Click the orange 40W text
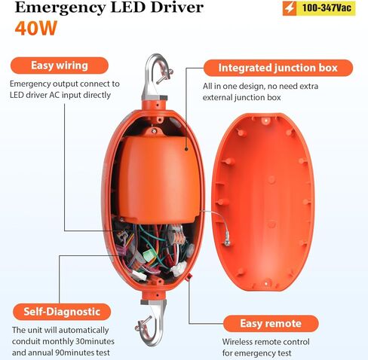click(x=36, y=28)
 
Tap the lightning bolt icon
click(x=290, y=8)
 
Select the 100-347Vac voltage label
click(x=327, y=8)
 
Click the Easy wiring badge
click(x=60, y=66)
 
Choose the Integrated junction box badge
click(x=278, y=68)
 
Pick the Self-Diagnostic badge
click(x=62, y=312)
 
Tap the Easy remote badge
click(x=271, y=323)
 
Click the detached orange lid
click(x=263, y=203)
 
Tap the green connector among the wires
click(x=149, y=255)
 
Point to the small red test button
click(x=189, y=277)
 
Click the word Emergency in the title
click(x=60, y=8)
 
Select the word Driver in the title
click(x=177, y=7)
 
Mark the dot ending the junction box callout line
click(x=186, y=149)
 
